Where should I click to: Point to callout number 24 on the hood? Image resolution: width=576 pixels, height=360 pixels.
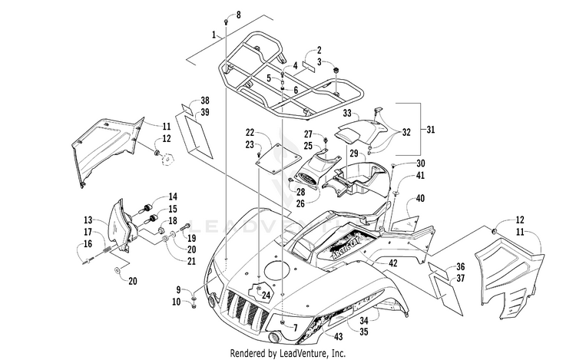[x=266, y=294]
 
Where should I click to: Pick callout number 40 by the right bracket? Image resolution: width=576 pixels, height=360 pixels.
[x=420, y=199]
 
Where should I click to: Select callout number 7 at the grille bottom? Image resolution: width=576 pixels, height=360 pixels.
[x=293, y=327]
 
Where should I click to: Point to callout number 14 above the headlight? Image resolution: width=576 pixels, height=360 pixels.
[x=173, y=197]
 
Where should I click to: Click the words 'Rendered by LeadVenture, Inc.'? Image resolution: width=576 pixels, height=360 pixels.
[x=288, y=353]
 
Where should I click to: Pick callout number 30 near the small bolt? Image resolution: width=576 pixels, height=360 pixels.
[x=420, y=163]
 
